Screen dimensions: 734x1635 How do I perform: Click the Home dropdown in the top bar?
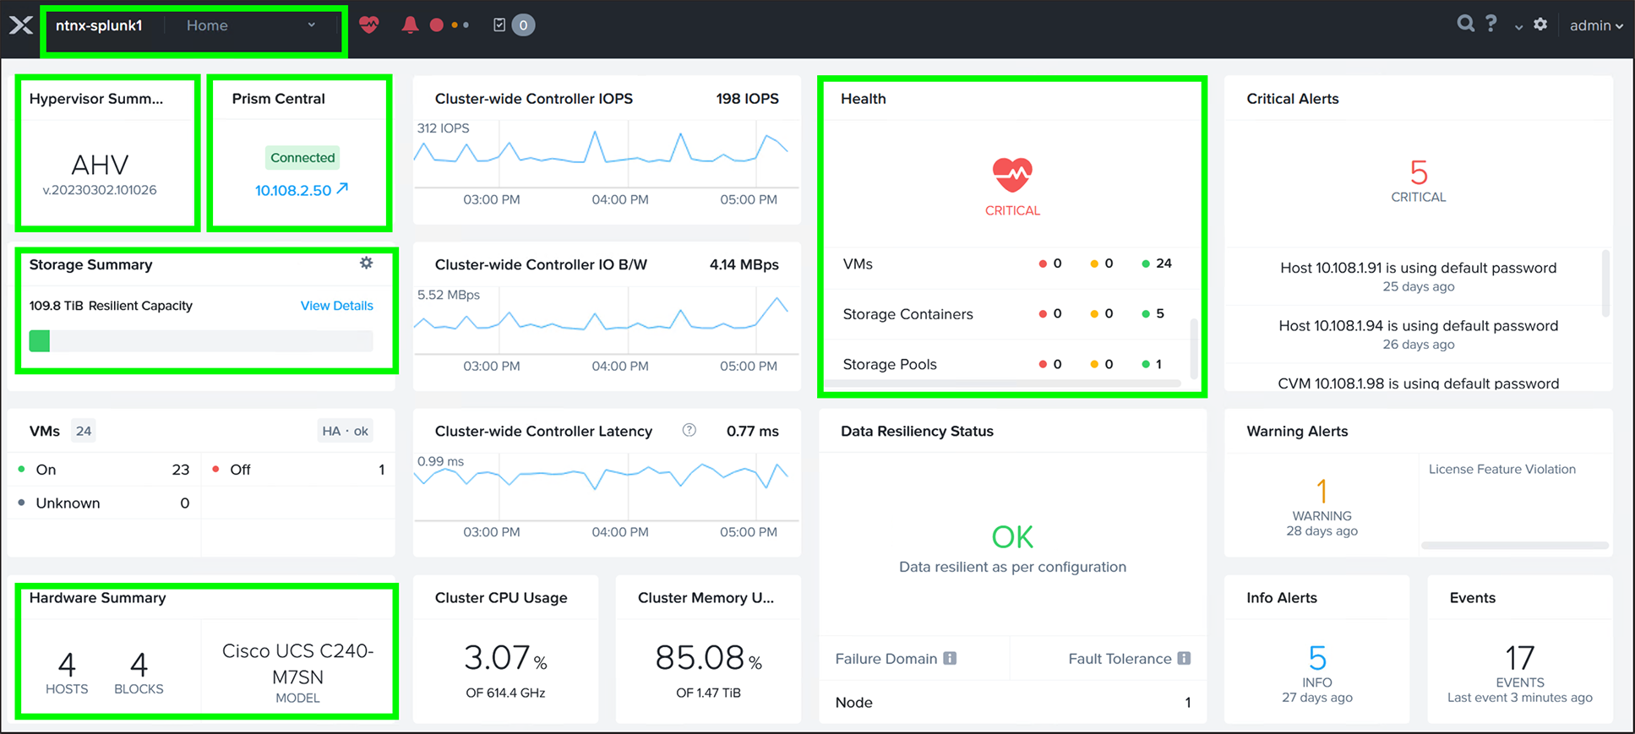tap(250, 25)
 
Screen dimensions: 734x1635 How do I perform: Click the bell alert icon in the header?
tap(410, 24)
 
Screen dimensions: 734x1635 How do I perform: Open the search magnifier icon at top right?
tap(1465, 24)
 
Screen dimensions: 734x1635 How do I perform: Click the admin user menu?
tap(1595, 25)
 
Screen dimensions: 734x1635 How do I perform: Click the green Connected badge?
tap(302, 157)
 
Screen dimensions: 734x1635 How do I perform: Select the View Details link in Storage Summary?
tap(336, 306)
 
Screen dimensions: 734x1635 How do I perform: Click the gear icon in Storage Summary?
tap(366, 263)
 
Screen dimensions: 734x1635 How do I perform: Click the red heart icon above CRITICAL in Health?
tap(1012, 174)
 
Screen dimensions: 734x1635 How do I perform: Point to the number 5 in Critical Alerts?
tap(1419, 173)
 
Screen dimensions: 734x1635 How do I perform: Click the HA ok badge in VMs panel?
tap(345, 431)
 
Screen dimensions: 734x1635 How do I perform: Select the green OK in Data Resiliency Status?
tap(1012, 536)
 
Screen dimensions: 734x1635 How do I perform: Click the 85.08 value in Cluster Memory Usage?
tap(700, 658)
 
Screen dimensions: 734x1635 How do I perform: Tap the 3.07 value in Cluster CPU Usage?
tap(498, 658)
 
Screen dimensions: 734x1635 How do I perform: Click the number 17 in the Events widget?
tap(1519, 658)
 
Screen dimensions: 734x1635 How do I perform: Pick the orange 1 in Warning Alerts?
tap(1322, 491)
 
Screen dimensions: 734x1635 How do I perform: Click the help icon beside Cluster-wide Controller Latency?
tap(689, 430)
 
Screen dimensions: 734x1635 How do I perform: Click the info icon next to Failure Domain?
tap(950, 658)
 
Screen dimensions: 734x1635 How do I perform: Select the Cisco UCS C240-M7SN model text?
tap(297, 664)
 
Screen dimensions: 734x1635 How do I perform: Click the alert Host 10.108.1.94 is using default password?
tap(1418, 326)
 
